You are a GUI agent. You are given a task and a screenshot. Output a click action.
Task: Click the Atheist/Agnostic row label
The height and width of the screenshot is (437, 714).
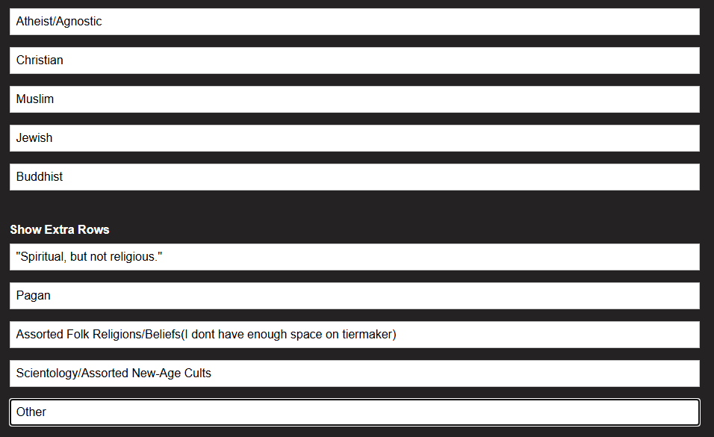(59, 22)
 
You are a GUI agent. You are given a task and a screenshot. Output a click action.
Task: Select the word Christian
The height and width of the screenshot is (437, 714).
(40, 61)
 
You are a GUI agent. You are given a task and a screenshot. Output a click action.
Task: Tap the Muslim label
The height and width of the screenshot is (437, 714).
(35, 99)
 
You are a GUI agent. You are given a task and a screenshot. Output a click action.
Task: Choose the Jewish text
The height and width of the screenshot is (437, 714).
(34, 138)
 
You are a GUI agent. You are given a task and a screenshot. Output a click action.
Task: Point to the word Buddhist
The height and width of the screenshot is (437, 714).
(40, 177)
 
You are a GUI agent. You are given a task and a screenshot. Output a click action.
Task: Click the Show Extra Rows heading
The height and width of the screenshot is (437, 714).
(60, 229)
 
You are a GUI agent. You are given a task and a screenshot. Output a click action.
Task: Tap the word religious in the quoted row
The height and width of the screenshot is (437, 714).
(132, 257)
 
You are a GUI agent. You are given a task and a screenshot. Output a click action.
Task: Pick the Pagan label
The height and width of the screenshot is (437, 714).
(34, 296)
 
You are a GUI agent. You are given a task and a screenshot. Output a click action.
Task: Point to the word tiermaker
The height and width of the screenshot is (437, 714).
(368, 335)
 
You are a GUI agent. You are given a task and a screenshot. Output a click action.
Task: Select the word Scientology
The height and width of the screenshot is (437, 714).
(49, 374)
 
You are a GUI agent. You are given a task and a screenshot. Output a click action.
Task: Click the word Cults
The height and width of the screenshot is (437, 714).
(196, 374)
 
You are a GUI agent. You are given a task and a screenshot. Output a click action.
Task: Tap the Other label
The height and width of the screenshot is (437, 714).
(31, 412)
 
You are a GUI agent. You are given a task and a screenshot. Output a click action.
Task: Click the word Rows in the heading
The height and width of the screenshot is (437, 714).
(94, 229)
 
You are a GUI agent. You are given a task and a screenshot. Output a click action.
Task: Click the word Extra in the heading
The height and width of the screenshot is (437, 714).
(60, 229)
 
